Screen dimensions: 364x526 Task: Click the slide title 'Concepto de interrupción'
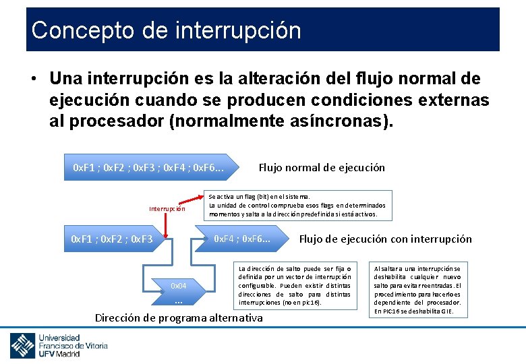tap(166, 30)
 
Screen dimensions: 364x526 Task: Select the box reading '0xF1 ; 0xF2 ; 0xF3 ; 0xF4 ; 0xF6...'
tap(148, 167)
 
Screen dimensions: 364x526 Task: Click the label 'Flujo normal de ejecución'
tap(322, 167)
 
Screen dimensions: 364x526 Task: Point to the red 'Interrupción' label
tap(167, 208)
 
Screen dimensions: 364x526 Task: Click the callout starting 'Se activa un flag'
tap(298, 205)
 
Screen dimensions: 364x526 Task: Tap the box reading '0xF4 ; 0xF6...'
tap(241, 239)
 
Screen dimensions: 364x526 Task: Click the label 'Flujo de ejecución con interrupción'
tap(385, 239)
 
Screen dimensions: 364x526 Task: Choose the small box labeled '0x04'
tap(179, 290)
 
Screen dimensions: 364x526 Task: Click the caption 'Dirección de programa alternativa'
tap(179, 317)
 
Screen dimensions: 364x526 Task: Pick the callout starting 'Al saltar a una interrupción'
tap(416, 289)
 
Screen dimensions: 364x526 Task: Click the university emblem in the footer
tap(22, 345)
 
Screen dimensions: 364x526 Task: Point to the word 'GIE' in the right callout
tap(445, 311)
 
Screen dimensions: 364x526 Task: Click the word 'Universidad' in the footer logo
tap(59, 337)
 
